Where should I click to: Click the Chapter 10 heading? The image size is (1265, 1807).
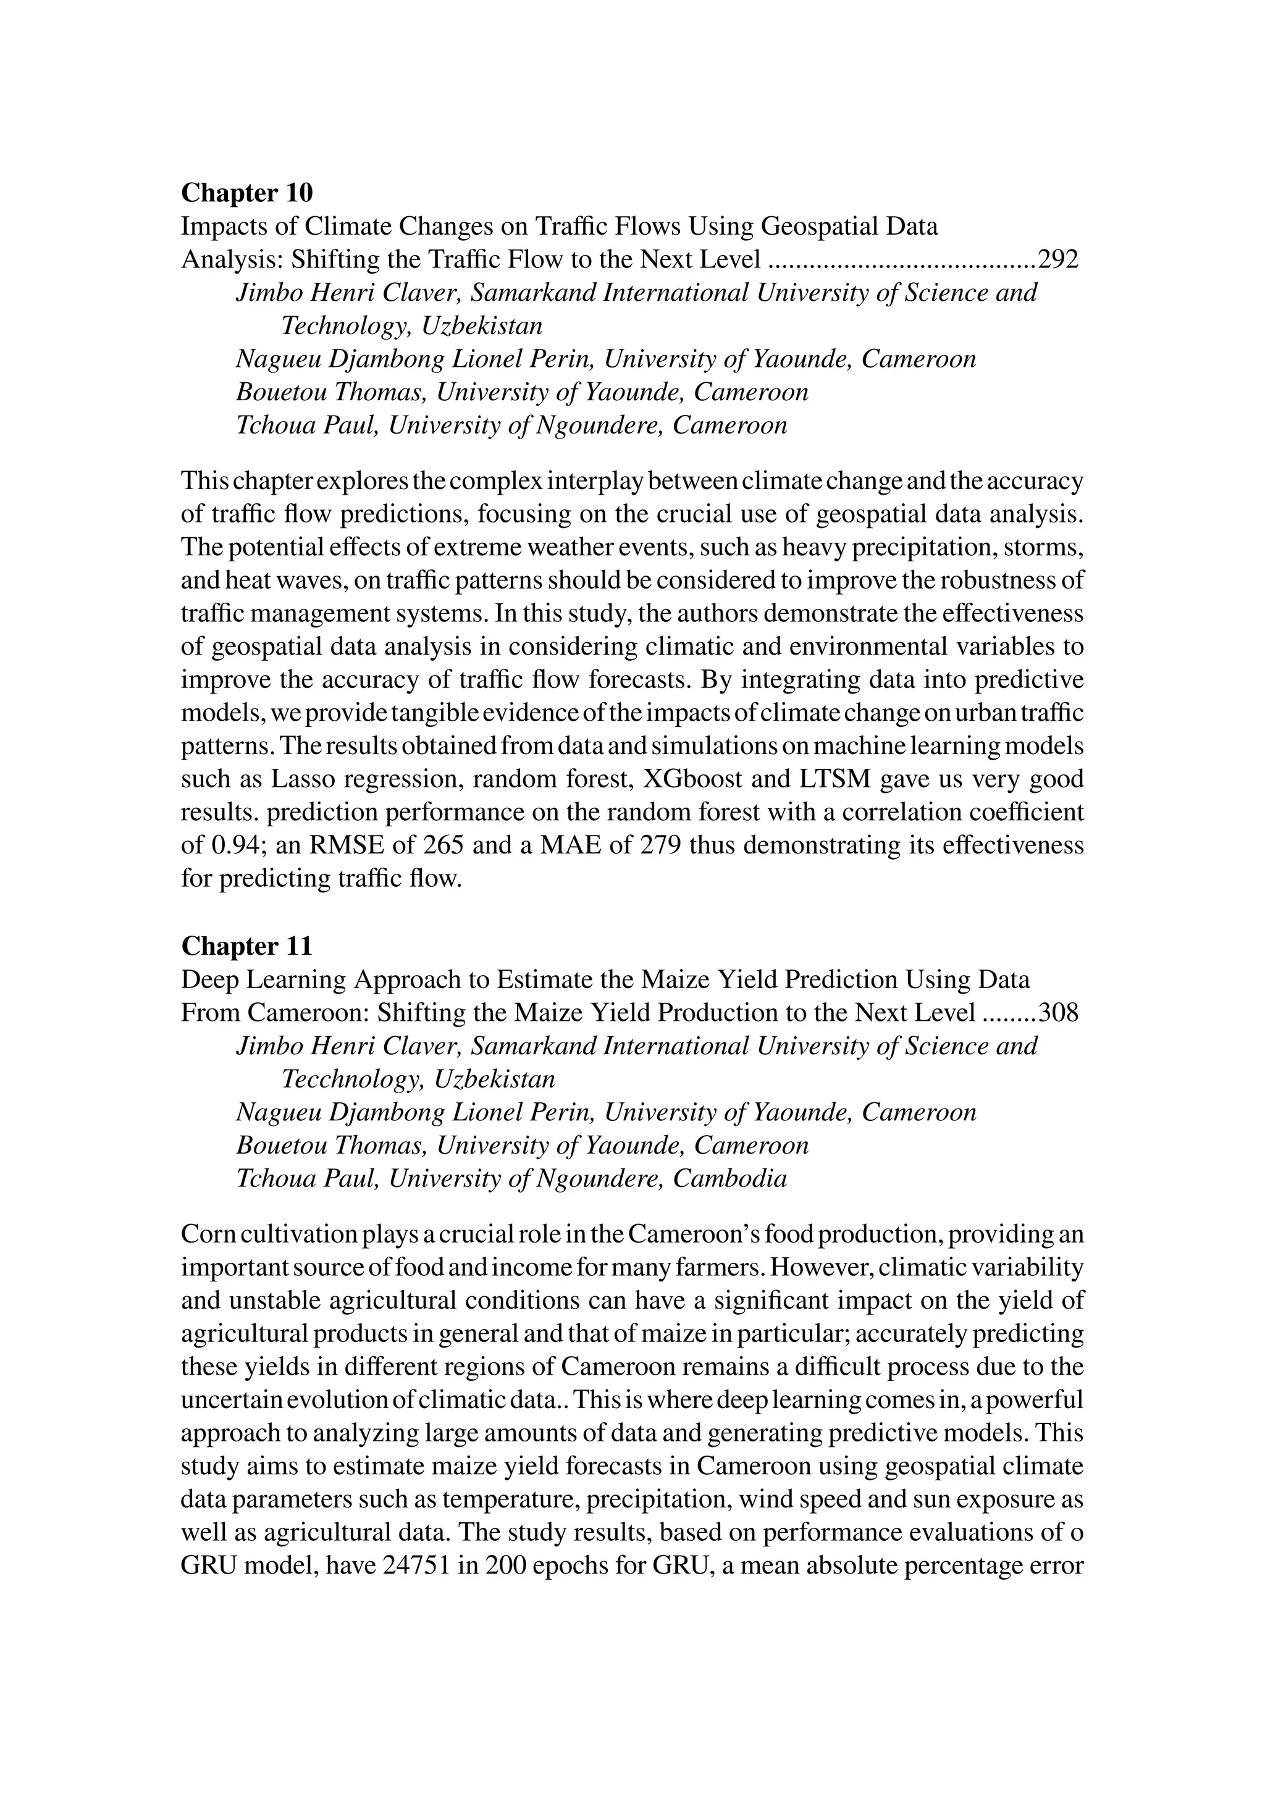click(246, 193)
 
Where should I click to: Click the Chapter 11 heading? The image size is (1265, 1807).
click(246, 945)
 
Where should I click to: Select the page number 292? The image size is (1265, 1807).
click(1058, 260)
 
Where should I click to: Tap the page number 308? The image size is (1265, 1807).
click(1058, 1012)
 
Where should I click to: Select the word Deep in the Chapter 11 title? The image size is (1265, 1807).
click(206, 979)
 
